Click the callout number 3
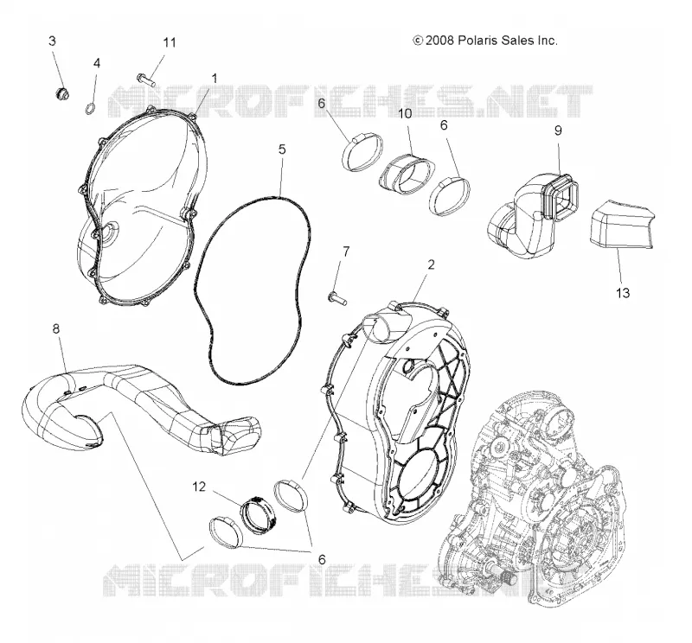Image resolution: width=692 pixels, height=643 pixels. tap(52, 41)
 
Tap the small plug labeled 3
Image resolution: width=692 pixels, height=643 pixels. tap(61, 93)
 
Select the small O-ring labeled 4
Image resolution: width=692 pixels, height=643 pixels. tap(90, 108)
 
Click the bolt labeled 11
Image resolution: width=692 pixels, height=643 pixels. tap(145, 80)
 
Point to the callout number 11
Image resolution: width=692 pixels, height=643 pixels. tap(170, 42)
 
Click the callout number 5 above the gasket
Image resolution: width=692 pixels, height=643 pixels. tap(282, 149)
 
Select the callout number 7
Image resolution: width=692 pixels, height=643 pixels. tap(346, 251)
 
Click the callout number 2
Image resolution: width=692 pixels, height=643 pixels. tap(431, 264)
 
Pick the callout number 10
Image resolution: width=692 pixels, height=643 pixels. tap(405, 114)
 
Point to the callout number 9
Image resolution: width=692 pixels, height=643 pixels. tap(558, 131)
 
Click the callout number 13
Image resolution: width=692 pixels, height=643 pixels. tap(623, 293)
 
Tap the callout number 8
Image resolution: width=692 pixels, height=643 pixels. tap(56, 329)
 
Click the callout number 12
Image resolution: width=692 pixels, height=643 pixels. tap(199, 487)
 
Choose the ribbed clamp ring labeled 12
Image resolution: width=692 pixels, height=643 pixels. tap(258, 514)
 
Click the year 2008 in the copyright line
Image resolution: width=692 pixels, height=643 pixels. tap(439, 41)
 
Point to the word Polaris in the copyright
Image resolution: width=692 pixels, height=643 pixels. tap(479, 41)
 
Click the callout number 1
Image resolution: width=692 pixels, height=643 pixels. tap(215, 79)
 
